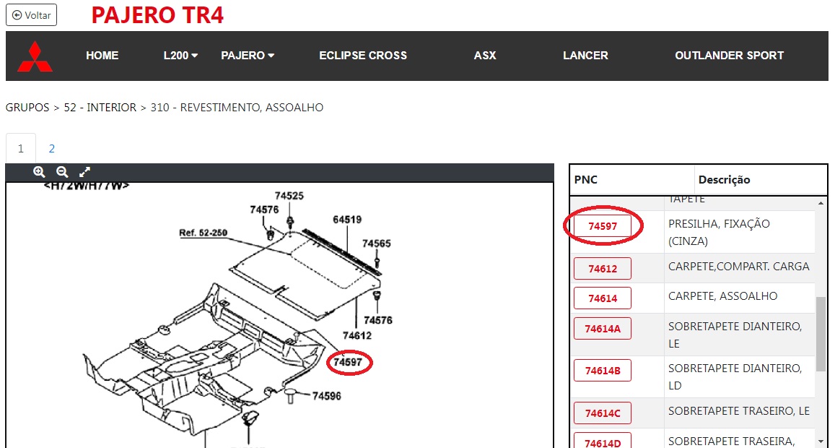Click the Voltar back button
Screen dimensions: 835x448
[31, 15]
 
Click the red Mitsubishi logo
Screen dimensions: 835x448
[35, 56]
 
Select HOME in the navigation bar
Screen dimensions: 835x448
[102, 56]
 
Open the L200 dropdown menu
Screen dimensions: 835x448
[180, 56]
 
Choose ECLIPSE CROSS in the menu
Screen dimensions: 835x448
[362, 56]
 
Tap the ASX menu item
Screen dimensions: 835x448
[484, 56]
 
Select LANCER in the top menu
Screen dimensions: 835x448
[585, 56]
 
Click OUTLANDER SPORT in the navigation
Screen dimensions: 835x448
[729, 56]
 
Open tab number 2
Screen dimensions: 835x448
[52, 148]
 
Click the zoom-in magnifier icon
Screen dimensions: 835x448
[39, 172]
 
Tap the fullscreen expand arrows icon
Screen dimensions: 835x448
[84, 172]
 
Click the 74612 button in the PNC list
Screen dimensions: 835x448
[603, 268]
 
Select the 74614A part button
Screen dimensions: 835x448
[603, 329]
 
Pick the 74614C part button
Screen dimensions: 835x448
[603, 413]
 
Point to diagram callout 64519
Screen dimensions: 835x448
[347, 219]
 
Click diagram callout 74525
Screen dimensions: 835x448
[289, 196]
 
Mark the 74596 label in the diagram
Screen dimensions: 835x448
[327, 396]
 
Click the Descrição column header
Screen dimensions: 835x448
[725, 180]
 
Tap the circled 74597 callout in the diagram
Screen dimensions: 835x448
[349, 363]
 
